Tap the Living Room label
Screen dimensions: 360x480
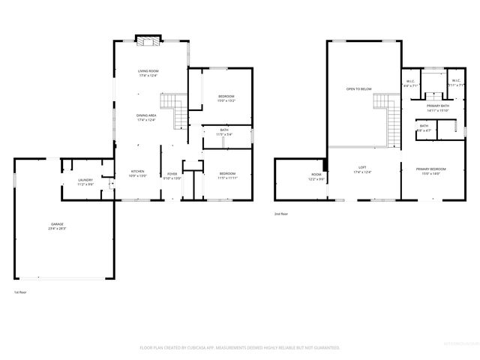click(148, 73)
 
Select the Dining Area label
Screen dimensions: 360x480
click(146, 117)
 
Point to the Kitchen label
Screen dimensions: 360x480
click(138, 173)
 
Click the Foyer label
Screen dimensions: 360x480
click(172, 175)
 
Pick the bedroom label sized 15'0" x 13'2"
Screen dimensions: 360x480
click(226, 97)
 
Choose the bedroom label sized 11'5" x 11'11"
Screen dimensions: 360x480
click(226, 175)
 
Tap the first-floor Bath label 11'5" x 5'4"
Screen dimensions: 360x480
click(224, 132)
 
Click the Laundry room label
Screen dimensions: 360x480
click(85, 181)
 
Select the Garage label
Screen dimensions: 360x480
click(57, 226)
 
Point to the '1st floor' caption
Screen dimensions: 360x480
click(19, 292)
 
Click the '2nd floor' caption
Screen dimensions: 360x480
click(281, 214)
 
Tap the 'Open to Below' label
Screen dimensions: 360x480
click(358, 89)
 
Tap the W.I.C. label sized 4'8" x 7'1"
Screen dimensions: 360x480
click(411, 83)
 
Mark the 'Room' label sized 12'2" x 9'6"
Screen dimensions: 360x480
click(316, 177)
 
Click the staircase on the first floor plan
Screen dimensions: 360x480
click(175, 110)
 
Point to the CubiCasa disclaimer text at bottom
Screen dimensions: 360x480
click(240, 348)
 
